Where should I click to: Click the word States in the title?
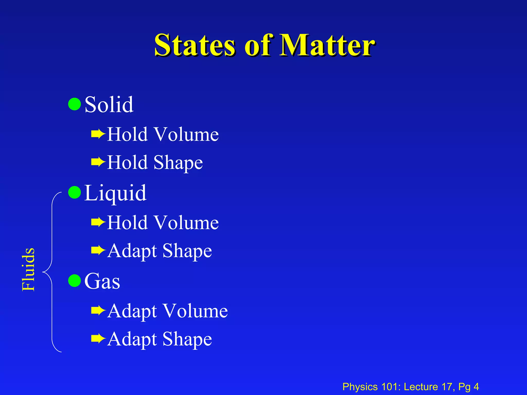(195, 46)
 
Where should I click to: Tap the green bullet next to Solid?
(75, 104)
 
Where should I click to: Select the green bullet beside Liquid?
(75, 192)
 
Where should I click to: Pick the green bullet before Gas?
(75, 281)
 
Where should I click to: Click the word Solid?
(109, 105)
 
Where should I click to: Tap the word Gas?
(102, 281)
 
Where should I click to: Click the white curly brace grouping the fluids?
(51, 272)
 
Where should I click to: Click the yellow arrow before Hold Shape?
(98, 162)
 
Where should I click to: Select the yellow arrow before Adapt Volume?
(98, 311)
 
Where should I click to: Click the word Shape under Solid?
(178, 163)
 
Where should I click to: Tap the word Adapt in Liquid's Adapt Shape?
(132, 251)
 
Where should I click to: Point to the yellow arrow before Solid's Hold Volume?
(98, 134)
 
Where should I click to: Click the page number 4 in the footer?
(476, 387)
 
